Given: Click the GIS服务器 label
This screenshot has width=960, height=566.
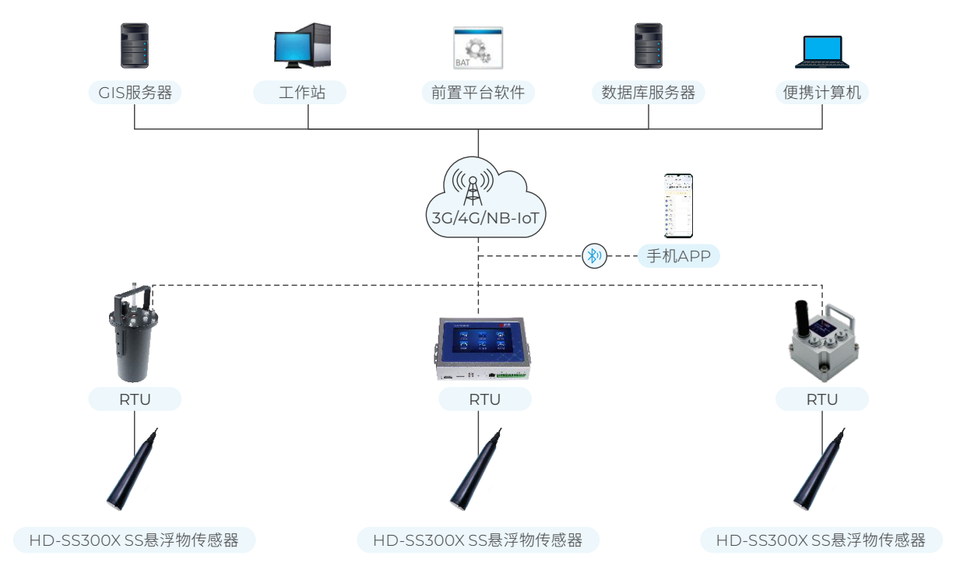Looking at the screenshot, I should tap(135, 93).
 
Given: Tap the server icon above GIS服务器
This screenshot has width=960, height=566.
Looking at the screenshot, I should tap(134, 46).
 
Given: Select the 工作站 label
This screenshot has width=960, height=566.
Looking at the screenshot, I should tap(300, 93).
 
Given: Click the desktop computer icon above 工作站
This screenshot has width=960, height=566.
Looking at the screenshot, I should tap(303, 46).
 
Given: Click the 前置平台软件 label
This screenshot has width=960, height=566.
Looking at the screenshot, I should tap(478, 93).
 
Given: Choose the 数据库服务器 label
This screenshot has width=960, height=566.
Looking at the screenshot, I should tap(649, 93).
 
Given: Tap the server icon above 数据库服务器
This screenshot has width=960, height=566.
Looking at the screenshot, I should tap(649, 46).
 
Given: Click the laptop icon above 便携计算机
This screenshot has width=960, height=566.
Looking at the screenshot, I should tap(822, 51).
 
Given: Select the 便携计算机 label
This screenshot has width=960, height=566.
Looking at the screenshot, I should tap(822, 93).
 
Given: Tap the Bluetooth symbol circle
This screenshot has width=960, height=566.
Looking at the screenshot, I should tap(595, 255).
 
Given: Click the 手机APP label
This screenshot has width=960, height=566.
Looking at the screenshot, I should tap(678, 255).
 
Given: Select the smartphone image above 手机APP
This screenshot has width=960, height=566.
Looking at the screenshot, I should tap(678, 206).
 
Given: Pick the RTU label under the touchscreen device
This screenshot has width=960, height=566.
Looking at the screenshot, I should tap(484, 399).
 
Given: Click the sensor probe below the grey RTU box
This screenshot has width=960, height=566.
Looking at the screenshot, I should tap(819, 469).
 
